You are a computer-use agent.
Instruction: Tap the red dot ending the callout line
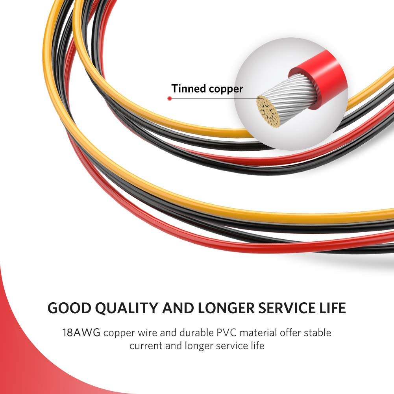(x=170, y=98)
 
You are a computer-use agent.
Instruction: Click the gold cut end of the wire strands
(x=268, y=111)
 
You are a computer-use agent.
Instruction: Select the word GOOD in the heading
(x=69, y=308)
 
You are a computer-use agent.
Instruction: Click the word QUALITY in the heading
(x=126, y=308)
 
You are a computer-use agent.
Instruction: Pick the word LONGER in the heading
(x=226, y=308)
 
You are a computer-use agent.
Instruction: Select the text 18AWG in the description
(x=81, y=333)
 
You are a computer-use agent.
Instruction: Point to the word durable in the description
(x=196, y=333)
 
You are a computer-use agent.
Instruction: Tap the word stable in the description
(x=318, y=333)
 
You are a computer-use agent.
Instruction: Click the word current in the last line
(x=146, y=346)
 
